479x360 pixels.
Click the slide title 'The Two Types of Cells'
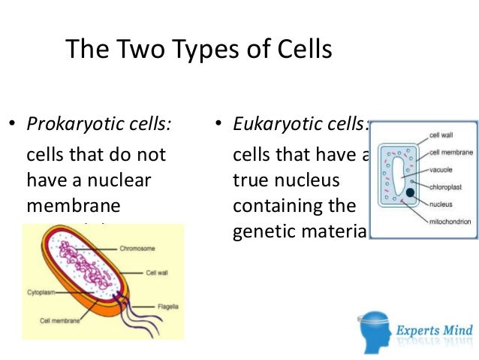[198, 50]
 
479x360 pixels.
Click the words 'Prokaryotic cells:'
[98, 124]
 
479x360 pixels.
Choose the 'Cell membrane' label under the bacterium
[57, 319]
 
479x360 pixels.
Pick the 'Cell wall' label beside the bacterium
[156, 273]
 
